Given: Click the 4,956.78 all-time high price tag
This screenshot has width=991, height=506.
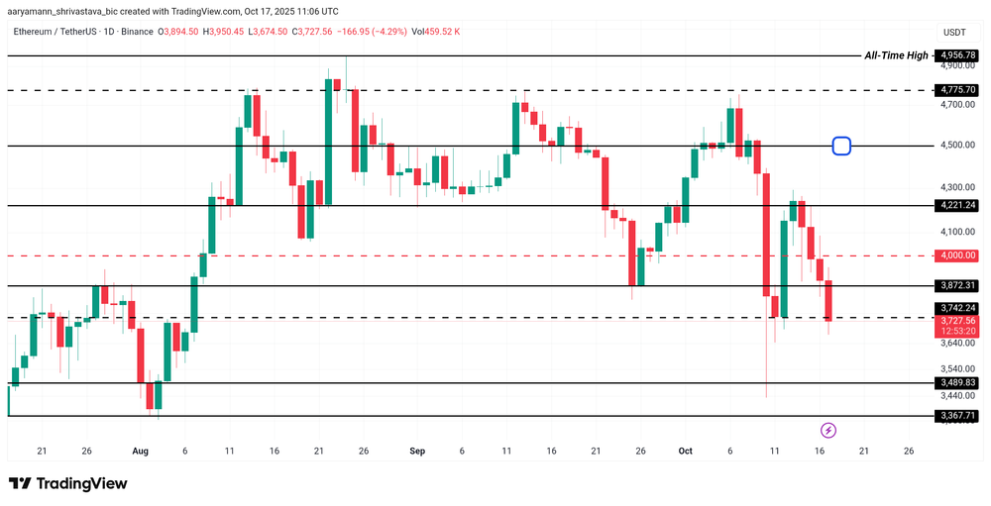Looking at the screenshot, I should pyautogui.click(x=958, y=55).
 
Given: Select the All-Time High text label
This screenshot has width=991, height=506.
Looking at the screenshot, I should pyautogui.click(x=896, y=55).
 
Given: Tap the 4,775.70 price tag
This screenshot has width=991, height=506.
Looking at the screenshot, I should pyautogui.click(x=958, y=90).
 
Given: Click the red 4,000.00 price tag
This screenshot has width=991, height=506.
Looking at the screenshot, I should pyautogui.click(x=958, y=255).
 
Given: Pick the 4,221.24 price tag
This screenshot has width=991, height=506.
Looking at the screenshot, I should pyautogui.click(x=958, y=205).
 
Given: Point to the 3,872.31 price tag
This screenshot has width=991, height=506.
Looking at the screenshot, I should pyautogui.click(x=958, y=285).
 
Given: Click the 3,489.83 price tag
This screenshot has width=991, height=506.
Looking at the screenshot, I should pyautogui.click(x=958, y=382).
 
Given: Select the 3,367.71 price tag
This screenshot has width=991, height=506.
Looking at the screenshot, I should pyautogui.click(x=958, y=416).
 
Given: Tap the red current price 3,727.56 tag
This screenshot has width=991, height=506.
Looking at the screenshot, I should pyautogui.click(x=958, y=326).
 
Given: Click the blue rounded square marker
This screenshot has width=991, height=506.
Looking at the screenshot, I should pyautogui.click(x=841, y=146).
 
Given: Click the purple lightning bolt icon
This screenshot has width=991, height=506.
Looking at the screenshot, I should pyautogui.click(x=828, y=430).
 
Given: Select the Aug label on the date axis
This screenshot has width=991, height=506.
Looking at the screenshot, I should pyautogui.click(x=140, y=451).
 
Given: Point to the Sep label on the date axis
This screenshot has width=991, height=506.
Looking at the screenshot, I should pyautogui.click(x=417, y=451).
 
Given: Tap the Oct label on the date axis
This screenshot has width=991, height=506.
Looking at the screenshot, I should pyautogui.click(x=685, y=451).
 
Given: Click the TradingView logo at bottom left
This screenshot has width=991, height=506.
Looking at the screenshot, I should pyautogui.click(x=68, y=483).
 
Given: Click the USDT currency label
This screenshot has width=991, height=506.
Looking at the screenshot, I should pyautogui.click(x=955, y=33).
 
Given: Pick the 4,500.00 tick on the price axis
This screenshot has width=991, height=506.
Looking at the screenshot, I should pyautogui.click(x=958, y=146).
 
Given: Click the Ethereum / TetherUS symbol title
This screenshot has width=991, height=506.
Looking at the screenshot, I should pyautogui.click(x=84, y=32).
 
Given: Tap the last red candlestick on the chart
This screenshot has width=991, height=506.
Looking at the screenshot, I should pyautogui.click(x=828, y=300).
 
